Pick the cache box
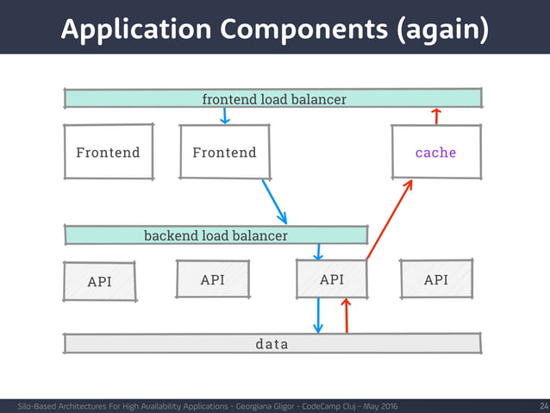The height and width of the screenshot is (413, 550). [x=435, y=153]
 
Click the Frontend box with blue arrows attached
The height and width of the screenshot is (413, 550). [x=224, y=153]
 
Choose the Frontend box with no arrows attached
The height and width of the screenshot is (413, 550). [x=109, y=153]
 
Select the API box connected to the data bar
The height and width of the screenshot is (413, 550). [x=332, y=279]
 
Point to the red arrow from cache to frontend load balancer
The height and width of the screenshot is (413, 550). [x=436, y=116]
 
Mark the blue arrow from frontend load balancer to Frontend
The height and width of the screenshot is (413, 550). [x=225, y=116]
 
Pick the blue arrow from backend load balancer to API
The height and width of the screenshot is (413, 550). [x=318, y=251]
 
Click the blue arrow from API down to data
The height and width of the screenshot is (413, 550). [x=318, y=316]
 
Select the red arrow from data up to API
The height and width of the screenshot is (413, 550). [x=346, y=316]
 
